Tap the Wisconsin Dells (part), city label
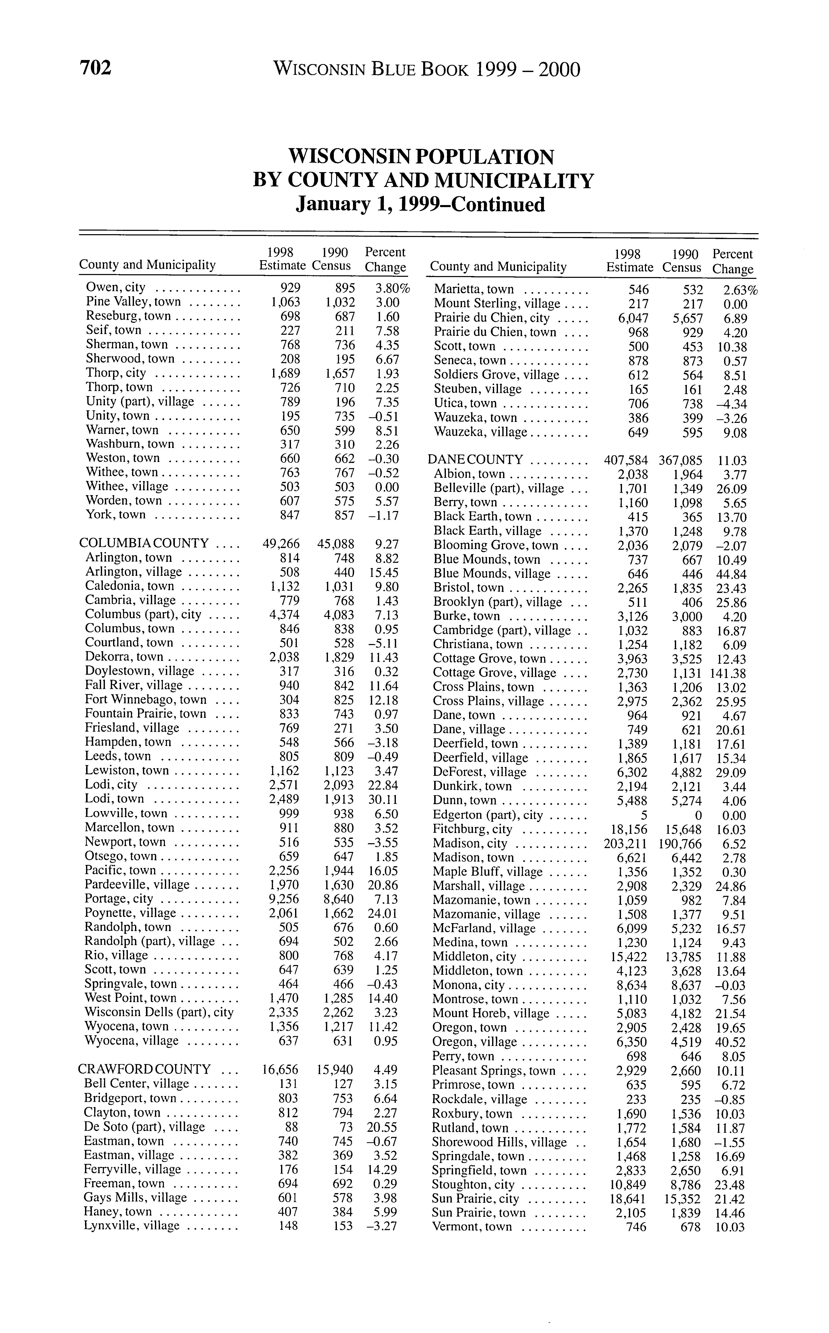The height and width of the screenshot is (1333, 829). pyautogui.click(x=159, y=1012)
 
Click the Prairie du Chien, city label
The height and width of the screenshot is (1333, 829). pyautogui.click(x=491, y=318)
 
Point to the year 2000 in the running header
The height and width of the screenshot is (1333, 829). pyautogui.click(x=559, y=70)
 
